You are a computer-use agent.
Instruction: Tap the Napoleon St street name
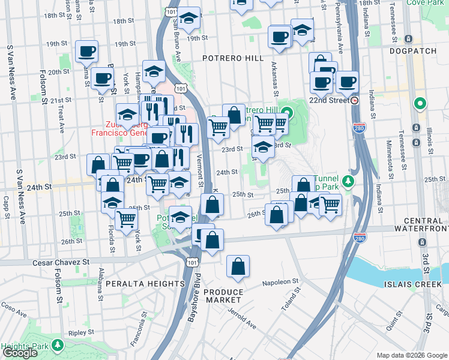coord(280,282)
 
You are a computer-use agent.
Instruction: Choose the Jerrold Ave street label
coord(241,319)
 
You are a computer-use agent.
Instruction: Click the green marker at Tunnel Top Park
coord(347,181)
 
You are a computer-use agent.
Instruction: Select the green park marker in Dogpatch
coord(421,104)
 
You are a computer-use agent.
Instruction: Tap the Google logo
coord(20,353)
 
